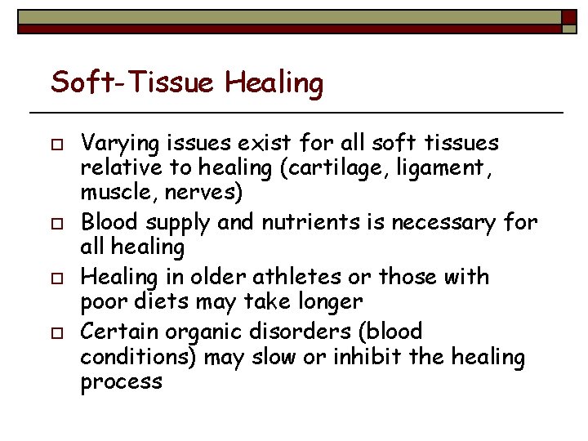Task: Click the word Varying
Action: tap(118, 144)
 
